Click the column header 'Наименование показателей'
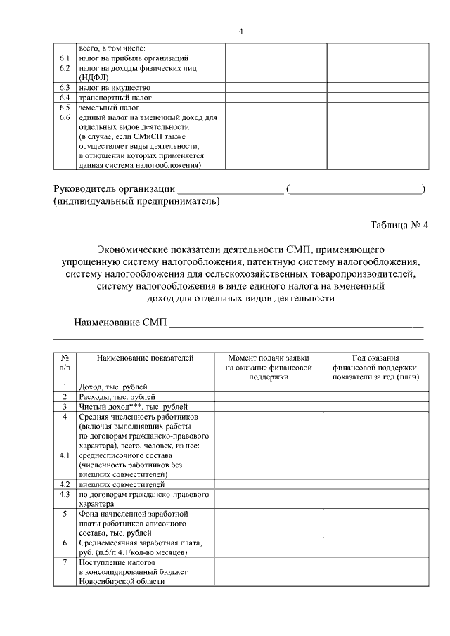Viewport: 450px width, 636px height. click(x=145, y=358)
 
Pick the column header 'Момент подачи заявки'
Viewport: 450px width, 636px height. click(x=268, y=358)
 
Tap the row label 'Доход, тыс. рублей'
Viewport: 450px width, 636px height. click(x=112, y=387)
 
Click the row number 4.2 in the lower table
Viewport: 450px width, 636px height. click(x=65, y=484)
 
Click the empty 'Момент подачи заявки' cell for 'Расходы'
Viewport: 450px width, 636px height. click(x=268, y=396)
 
